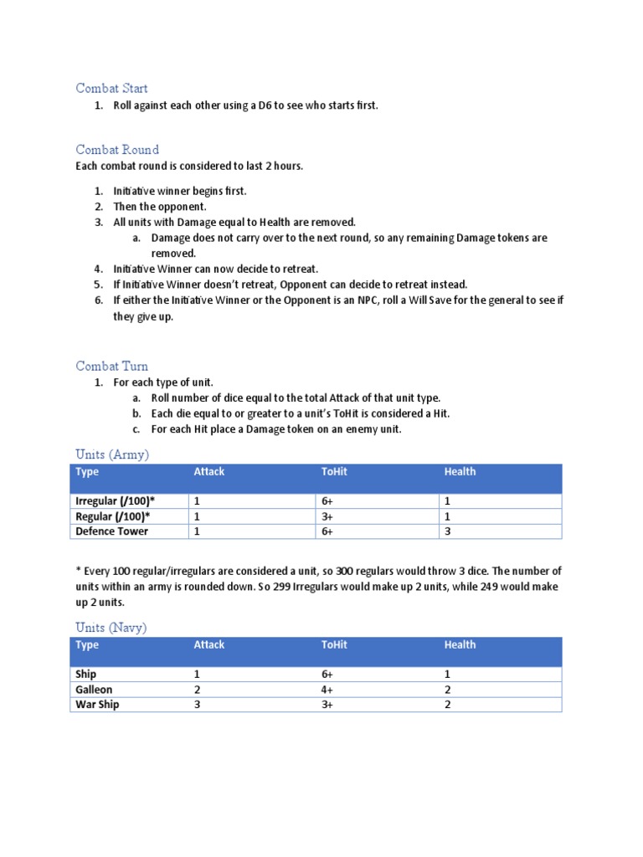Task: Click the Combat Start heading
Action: pyautogui.click(x=111, y=88)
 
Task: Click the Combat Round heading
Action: pyautogui.click(x=117, y=150)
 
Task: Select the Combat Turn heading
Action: pyautogui.click(x=111, y=366)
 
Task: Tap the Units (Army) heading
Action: pyautogui.click(x=112, y=454)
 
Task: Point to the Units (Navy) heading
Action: pyautogui.click(x=111, y=628)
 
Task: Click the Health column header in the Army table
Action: pyautogui.click(x=460, y=472)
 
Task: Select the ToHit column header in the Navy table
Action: pyautogui.click(x=334, y=645)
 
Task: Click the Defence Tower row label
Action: pyautogui.click(x=111, y=531)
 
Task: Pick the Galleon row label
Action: pyautogui.click(x=94, y=690)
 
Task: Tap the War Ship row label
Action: pyautogui.click(x=97, y=705)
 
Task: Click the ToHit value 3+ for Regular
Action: pyautogui.click(x=327, y=516)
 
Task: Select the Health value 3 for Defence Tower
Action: pyautogui.click(x=448, y=531)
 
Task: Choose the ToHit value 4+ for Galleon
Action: pyautogui.click(x=327, y=690)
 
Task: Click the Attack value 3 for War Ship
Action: pyautogui.click(x=197, y=705)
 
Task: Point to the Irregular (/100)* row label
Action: pyautogui.click(x=116, y=501)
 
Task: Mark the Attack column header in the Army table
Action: pyautogui.click(x=209, y=472)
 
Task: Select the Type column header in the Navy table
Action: pyautogui.click(x=87, y=645)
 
